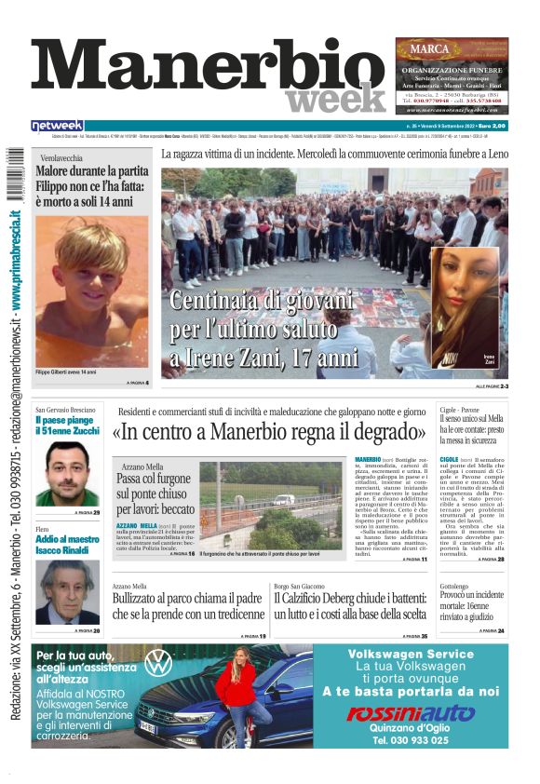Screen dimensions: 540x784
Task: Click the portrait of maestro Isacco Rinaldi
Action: pos(67,590)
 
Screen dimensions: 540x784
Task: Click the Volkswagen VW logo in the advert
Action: pos(158,663)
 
